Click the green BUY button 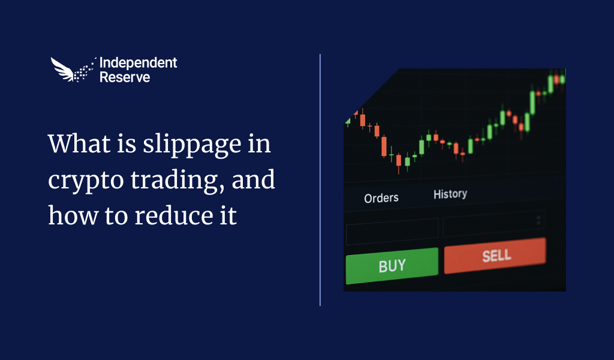click(x=392, y=266)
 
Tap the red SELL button click(x=495, y=256)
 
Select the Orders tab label click(x=381, y=198)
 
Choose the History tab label click(x=450, y=194)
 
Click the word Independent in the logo click(x=139, y=62)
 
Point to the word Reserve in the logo click(x=125, y=77)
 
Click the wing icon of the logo click(x=73, y=70)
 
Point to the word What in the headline click(x=80, y=143)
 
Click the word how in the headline click(x=73, y=215)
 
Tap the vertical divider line click(x=320, y=180)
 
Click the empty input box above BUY click(x=392, y=231)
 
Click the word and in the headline click(x=253, y=180)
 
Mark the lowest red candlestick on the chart click(x=399, y=161)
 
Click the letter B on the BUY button click(x=383, y=267)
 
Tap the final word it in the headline click(x=228, y=215)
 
